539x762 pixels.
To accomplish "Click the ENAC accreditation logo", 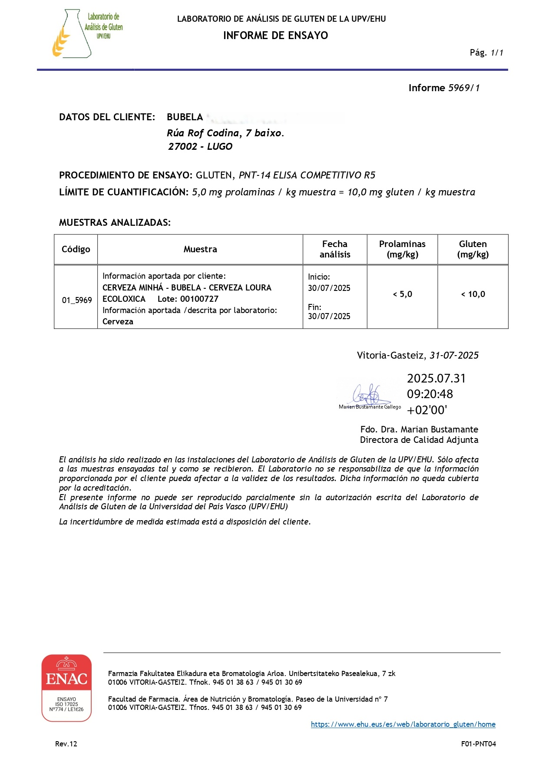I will pos(66,688).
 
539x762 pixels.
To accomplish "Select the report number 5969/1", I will pos(464,88).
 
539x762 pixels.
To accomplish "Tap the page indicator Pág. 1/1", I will pos(486,53).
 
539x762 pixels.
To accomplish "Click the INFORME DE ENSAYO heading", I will pos(275,36).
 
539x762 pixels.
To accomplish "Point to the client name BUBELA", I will pos(185,117).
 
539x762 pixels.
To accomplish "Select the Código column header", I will pos(76,249).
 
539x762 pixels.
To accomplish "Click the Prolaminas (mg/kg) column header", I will pos(402,249).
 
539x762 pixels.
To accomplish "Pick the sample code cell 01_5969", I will pos(77,300).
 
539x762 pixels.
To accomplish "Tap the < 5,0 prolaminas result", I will pos(402,294).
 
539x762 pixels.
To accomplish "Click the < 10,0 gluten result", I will pos(473,294).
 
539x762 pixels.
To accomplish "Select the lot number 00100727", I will pos(199,299).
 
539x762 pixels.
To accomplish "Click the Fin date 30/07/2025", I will pos(329,317).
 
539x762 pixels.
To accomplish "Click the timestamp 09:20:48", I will pos(430,394).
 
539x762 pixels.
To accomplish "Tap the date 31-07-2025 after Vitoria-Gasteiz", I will pos(454,356).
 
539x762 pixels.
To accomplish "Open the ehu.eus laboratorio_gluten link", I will pos(403,724).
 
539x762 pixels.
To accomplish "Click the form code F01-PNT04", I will pos(478,744).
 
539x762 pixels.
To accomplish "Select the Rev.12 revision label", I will pos(66,744).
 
